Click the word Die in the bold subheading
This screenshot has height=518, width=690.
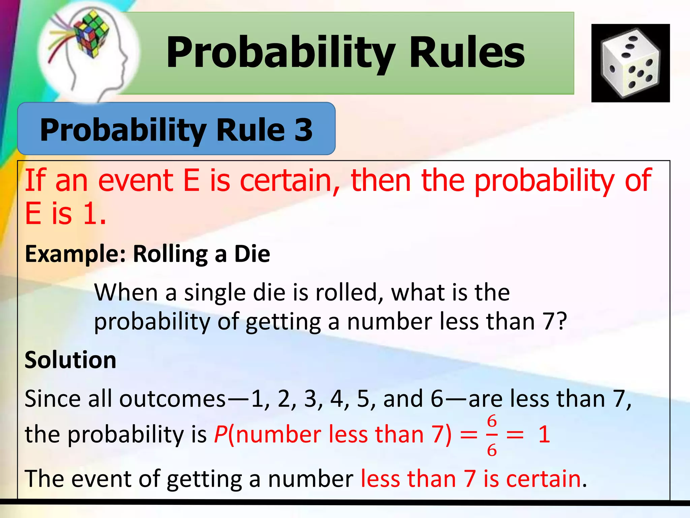pos(252,254)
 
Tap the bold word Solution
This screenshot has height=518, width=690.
pos(70,360)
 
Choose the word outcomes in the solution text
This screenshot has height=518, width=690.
pos(172,399)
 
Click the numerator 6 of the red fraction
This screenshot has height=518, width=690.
pos(492,421)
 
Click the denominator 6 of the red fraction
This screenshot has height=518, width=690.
pos(492,450)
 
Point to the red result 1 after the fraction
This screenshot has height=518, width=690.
pos(544,434)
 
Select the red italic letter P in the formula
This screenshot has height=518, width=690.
pos(220,434)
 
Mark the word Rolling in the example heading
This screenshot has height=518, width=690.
pos(170,254)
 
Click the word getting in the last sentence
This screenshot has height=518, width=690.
pos(204,479)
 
